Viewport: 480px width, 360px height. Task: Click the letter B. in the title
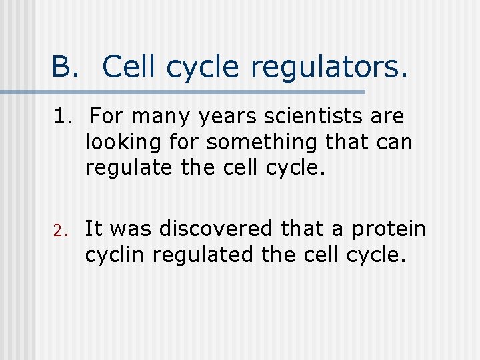click(65, 67)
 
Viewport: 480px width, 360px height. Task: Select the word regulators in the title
click(328, 67)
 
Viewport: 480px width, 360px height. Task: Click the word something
click(261, 143)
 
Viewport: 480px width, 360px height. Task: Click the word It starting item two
click(93, 229)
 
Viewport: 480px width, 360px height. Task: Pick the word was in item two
click(127, 230)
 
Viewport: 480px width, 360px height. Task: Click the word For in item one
click(108, 117)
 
